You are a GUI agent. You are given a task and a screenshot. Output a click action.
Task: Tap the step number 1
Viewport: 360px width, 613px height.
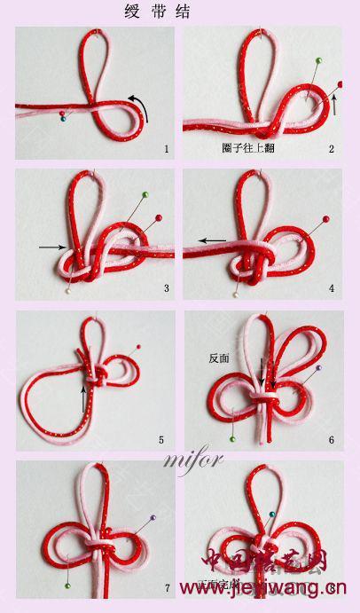166,148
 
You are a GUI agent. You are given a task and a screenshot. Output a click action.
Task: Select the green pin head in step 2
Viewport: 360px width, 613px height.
317,61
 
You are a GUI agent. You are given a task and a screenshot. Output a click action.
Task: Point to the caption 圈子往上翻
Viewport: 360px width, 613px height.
247,148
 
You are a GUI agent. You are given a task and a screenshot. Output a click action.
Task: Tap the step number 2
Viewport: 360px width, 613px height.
332,148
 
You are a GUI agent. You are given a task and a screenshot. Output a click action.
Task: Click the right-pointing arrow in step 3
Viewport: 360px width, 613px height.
52,247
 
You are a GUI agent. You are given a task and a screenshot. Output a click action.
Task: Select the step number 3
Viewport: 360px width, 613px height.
166,288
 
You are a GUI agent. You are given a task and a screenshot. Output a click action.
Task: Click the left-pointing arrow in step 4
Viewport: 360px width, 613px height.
212,240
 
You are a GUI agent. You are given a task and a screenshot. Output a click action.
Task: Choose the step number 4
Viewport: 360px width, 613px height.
332,288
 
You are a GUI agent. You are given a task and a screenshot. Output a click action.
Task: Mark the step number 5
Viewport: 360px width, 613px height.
160,438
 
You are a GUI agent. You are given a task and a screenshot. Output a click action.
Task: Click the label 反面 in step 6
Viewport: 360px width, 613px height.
219,359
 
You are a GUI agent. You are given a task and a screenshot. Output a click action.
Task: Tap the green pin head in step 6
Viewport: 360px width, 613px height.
232,438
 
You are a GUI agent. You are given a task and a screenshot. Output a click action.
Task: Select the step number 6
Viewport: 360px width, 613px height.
331,439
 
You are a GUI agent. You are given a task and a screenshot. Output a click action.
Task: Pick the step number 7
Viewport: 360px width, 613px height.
166,587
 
